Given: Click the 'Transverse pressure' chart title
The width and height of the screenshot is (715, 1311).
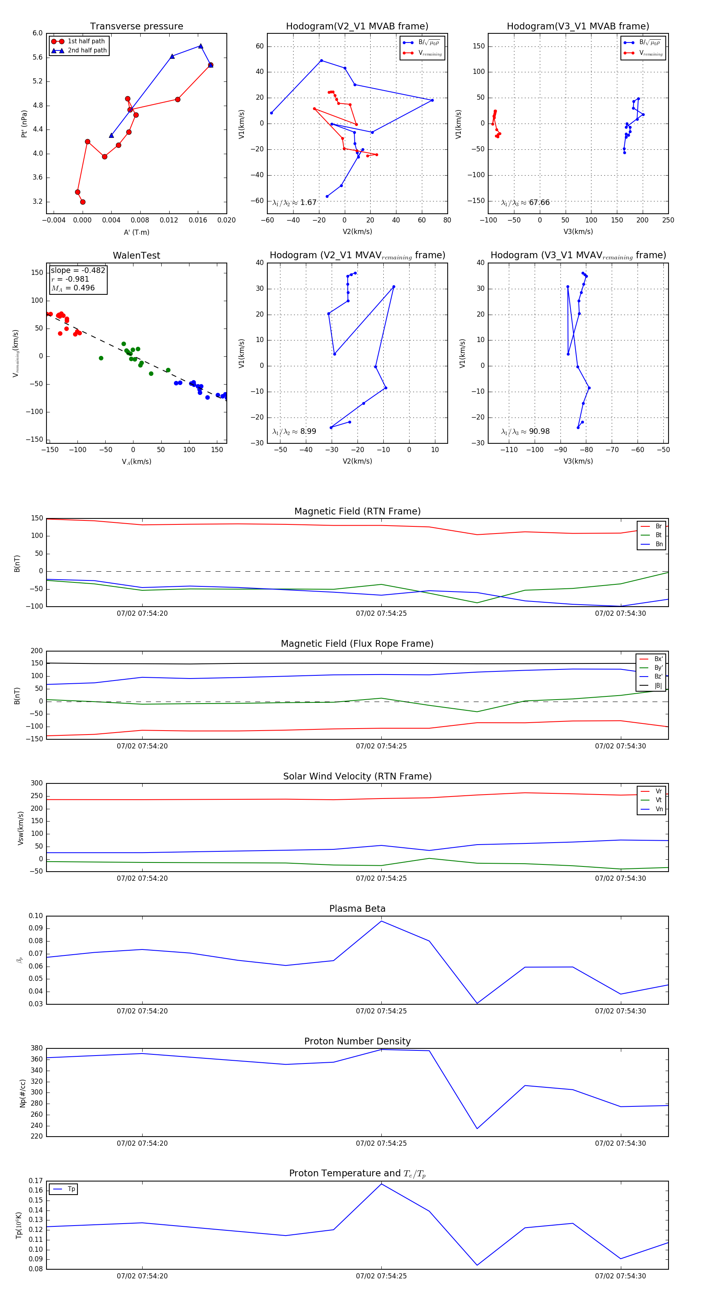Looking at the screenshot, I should (x=136, y=27).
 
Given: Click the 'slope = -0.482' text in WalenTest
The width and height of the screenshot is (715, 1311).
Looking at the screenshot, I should (x=78, y=270).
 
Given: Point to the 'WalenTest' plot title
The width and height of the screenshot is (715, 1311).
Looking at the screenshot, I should (x=136, y=255).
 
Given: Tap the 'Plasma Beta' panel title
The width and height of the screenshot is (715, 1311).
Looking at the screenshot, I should (x=357, y=909).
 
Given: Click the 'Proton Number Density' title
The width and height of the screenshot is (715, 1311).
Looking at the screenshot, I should (x=357, y=1041).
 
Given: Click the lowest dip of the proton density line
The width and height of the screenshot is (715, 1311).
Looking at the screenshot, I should (x=477, y=1129).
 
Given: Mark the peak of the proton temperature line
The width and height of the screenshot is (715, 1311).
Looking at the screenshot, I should (x=382, y=1184).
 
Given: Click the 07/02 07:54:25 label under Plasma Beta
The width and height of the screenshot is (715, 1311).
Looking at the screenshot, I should (x=381, y=1011).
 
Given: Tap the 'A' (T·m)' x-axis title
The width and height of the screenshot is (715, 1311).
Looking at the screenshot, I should (x=136, y=232).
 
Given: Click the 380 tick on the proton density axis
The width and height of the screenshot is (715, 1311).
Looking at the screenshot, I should (x=37, y=1048).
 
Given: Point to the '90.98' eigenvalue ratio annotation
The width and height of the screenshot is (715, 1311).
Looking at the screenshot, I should (x=539, y=431).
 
